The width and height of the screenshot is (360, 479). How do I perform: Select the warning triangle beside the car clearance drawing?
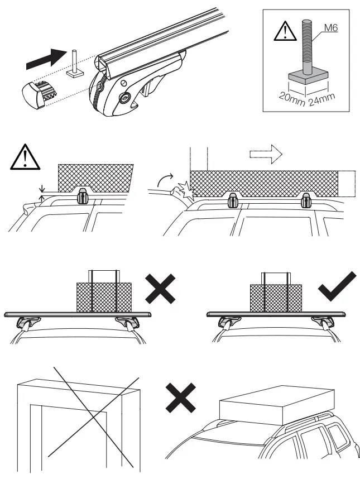(25, 158)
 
